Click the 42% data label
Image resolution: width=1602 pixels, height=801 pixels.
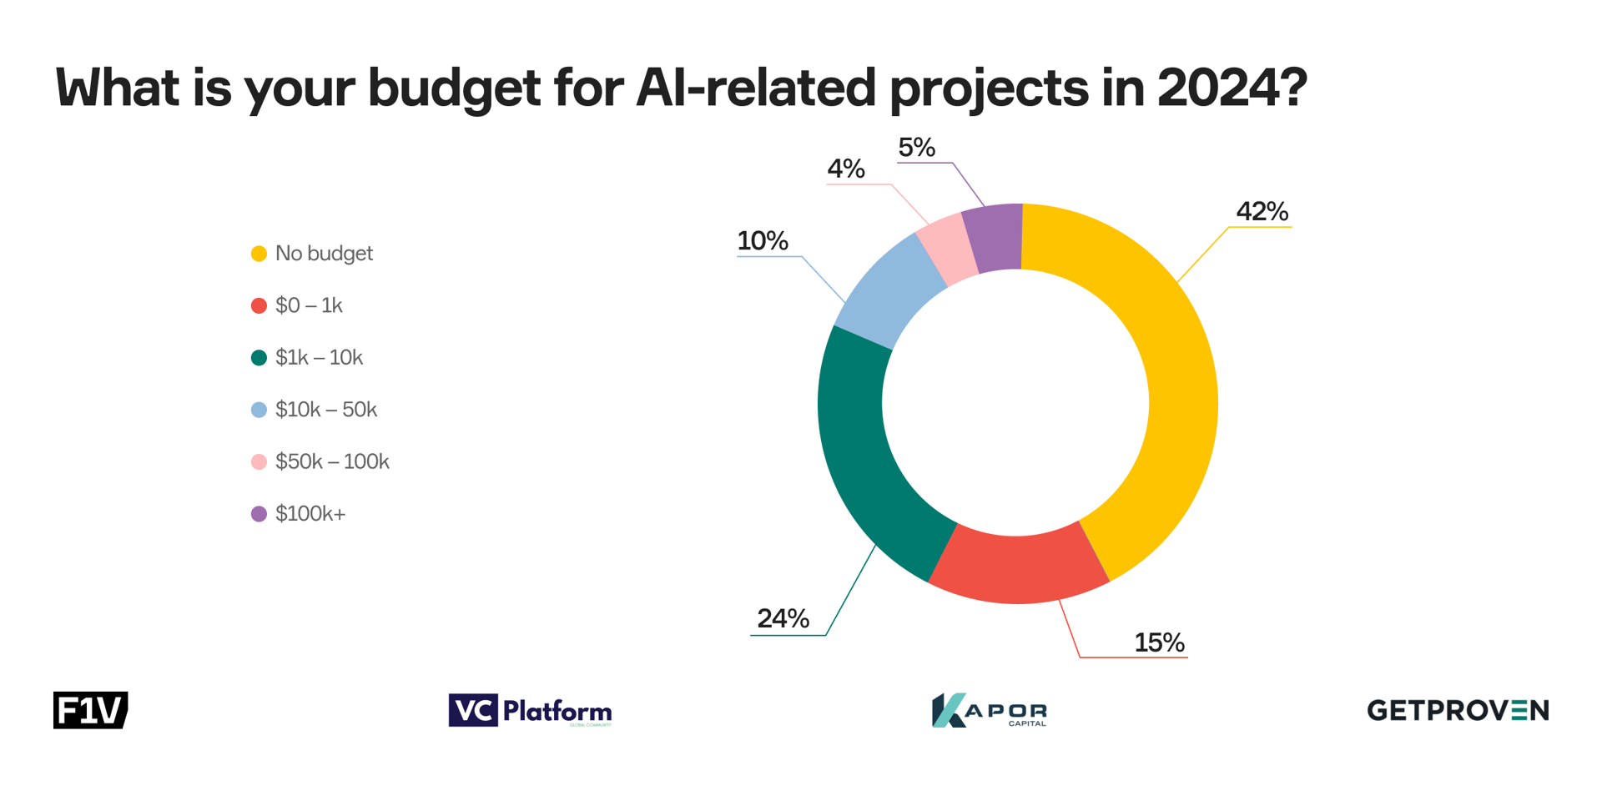pyautogui.click(x=1262, y=212)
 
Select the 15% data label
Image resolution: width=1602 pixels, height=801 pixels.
pyautogui.click(x=1159, y=642)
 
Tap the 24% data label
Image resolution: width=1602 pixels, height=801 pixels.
pyautogui.click(x=783, y=618)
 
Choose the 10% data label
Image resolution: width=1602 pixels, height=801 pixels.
pyautogui.click(x=762, y=241)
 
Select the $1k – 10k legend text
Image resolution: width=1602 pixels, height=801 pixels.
pyautogui.click(x=319, y=358)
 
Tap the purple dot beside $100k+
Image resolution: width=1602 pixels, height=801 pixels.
pyautogui.click(x=259, y=514)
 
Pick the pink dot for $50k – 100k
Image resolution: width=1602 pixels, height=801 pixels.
pyautogui.click(x=259, y=462)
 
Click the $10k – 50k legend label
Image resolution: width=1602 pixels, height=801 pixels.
pyautogui.click(x=325, y=410)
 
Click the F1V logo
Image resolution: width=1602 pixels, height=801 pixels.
pyautogui.click(x=90, y=710)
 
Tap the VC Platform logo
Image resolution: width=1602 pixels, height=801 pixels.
pyautogui.click(x=530, y=711)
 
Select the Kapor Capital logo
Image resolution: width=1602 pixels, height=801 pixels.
pyautogui.click(x=989, y=711)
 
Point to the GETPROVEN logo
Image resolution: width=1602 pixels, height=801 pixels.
pyautogui.click(x=1457, y=710)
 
